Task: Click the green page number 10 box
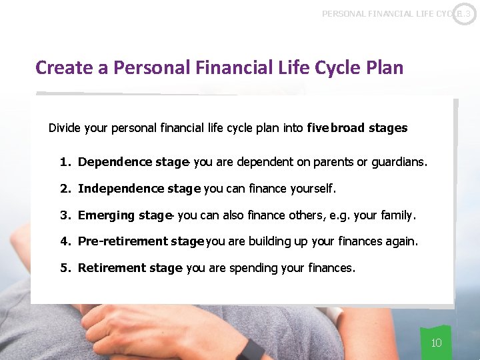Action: click(436, 343)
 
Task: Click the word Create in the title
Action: click(63, 68)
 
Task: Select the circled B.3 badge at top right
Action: click(464, 13)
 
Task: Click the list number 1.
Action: click(65, 162)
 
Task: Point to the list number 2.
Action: click(65, 189)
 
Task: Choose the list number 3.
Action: click(65, 215)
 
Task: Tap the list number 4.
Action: click(65, 241)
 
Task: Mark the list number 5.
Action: click(65, 268)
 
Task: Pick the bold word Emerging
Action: click(105, 215)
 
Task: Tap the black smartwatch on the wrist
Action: click(251, 349)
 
